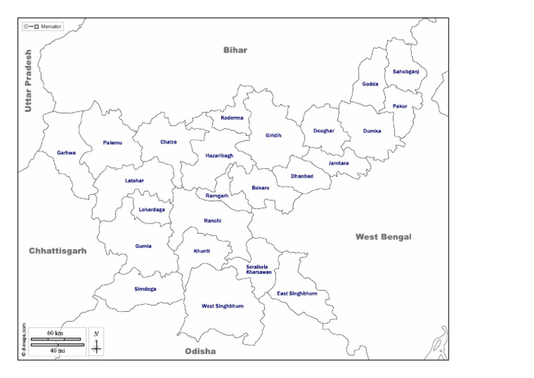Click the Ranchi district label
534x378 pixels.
[x=213, y=221]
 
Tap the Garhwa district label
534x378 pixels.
[x=67, y=152]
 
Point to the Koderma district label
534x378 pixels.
[x=232, y=118]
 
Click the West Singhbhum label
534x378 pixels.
[x=222, y=306]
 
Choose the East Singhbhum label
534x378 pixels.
[x=297, y=293]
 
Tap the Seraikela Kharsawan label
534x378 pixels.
[x=259, y=269]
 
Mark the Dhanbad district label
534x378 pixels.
[x=302, y=176]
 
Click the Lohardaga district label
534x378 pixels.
[x=152, y=209]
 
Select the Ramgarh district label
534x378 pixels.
[x=217, y=196]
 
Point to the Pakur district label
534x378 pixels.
[x=400, y=106]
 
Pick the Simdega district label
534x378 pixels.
[x=145, y=288]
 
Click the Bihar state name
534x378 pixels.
[x=235, y=50]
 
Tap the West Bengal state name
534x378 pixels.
[x=383, y=237]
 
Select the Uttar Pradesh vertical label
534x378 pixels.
[x=29, y=81]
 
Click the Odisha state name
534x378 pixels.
[x=200, y=351]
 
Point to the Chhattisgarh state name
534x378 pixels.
[x=58, y=251]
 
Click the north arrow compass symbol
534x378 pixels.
[x=97, y=342]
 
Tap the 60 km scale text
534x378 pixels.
[x=55, y=333]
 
